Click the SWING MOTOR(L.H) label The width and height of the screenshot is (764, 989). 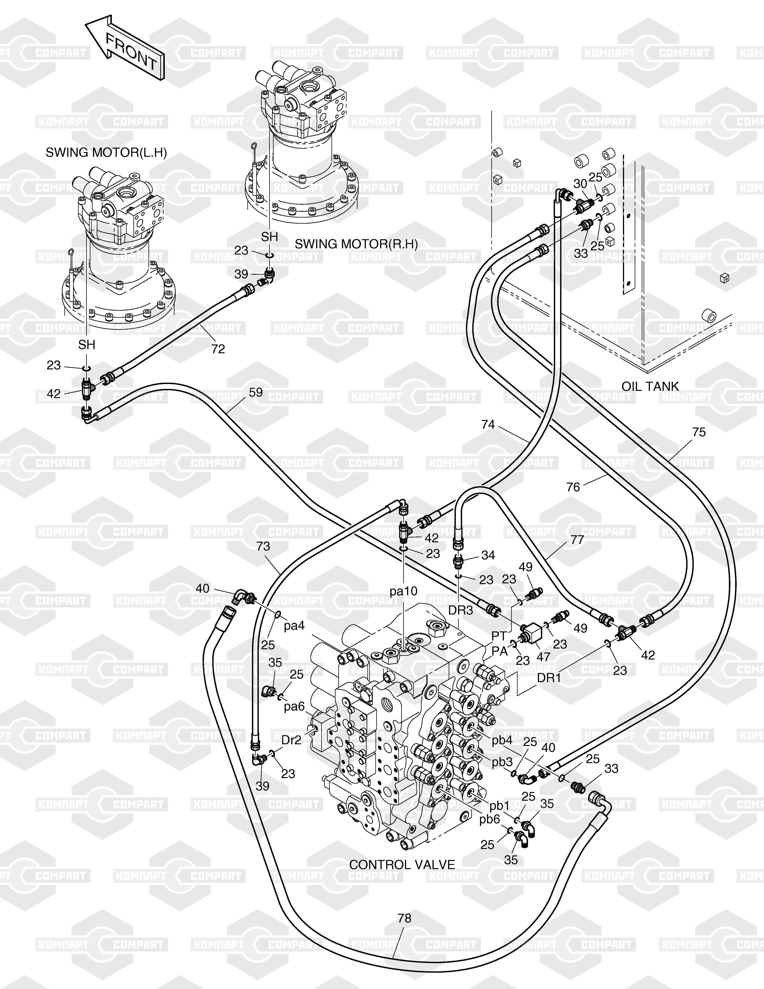[106, 153]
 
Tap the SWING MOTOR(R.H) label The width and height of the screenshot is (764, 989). [356, 244]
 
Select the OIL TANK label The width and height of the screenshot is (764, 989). [650, 386]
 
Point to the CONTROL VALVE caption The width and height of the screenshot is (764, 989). [402, 865]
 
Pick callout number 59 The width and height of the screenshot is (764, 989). [256, 392]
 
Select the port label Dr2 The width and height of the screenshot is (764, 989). [291, 740]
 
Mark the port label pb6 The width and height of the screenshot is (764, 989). [490, 820]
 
